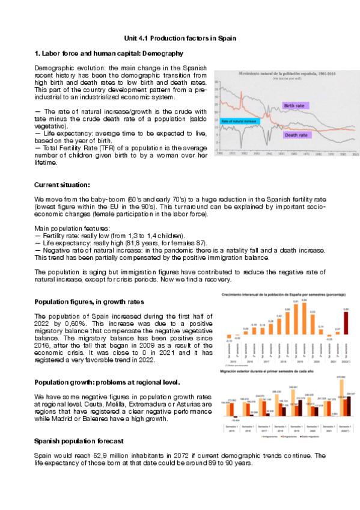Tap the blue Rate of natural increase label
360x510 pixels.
click(239, 121)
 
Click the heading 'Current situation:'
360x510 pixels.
click(62, 185)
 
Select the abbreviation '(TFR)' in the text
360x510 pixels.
click(97, 147)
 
